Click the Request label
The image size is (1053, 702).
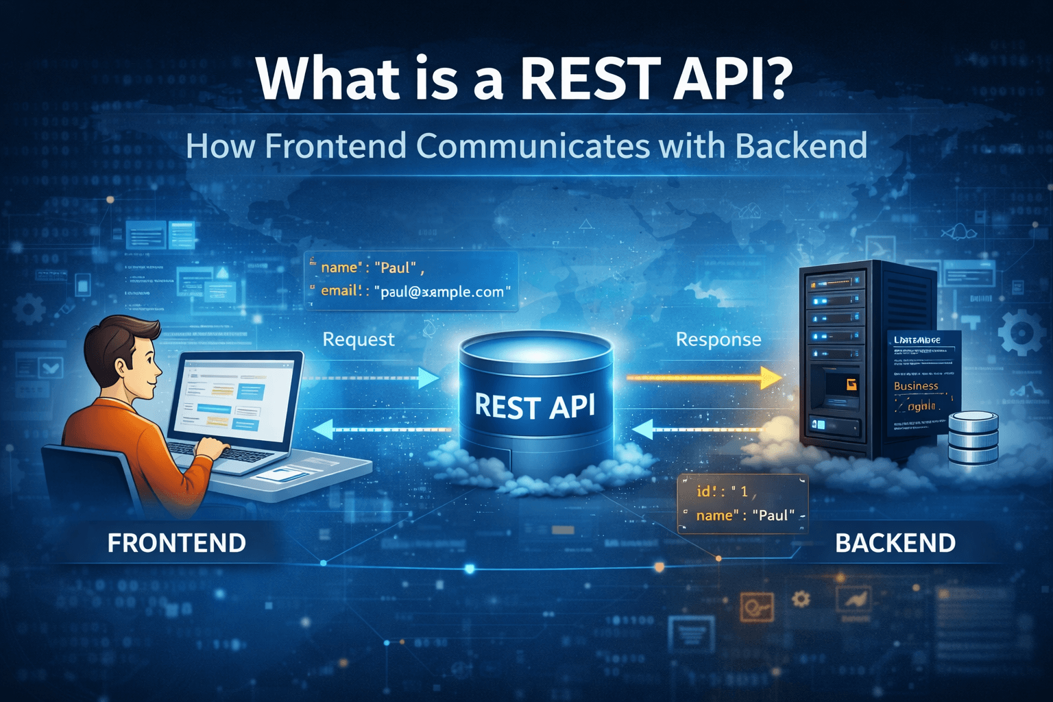[x=359, y=339]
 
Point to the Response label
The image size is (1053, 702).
[x=718, y=339]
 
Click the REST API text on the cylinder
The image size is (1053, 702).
[x=535, y=406]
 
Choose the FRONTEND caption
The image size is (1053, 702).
[x=177, y=543]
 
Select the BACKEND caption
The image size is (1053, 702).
[x=895, y=543]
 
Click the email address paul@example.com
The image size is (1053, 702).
[x=442, y=292]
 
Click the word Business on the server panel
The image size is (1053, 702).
[x=916, y=386]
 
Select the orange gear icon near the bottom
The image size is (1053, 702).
[x=800, y=599]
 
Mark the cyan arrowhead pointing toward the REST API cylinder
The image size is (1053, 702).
[x=428, y=378]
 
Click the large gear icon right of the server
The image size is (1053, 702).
[x=1021, y=333]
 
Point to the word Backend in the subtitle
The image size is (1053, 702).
[x=801, y=146]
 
